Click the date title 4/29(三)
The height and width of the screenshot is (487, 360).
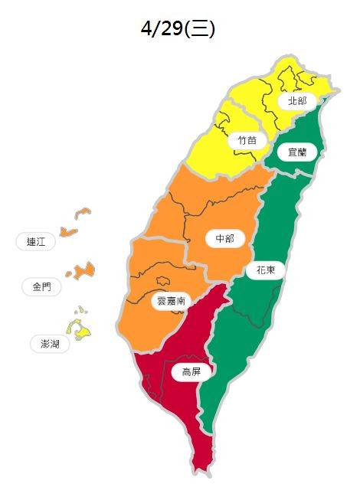point(178,28)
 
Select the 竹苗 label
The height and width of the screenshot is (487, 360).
point(247,140)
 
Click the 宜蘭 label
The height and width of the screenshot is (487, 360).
point(296,152)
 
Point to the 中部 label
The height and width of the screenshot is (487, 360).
point(224,239)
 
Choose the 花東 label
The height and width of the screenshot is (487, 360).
point(265,270)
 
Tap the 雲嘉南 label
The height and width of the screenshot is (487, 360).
point(170,301)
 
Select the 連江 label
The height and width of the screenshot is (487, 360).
point(36,242)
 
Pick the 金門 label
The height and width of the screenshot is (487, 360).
point(41,287)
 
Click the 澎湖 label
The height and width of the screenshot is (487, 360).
point(50,343)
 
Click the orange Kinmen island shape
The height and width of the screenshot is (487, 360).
point(81,270)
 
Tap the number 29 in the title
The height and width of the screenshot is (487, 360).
point(172,28)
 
